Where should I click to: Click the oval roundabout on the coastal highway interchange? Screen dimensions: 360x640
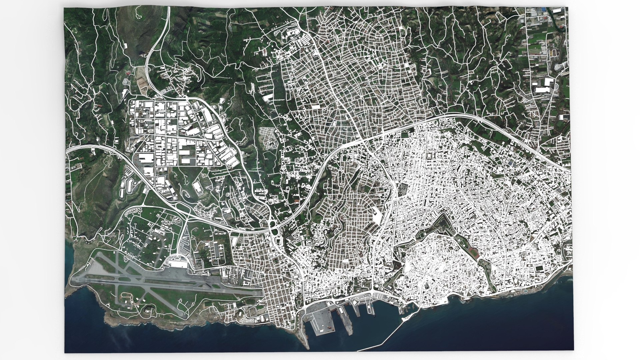[275, 230]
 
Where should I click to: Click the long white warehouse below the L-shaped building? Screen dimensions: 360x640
[545, 89]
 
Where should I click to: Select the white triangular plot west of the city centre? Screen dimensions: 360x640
[377, 215]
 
